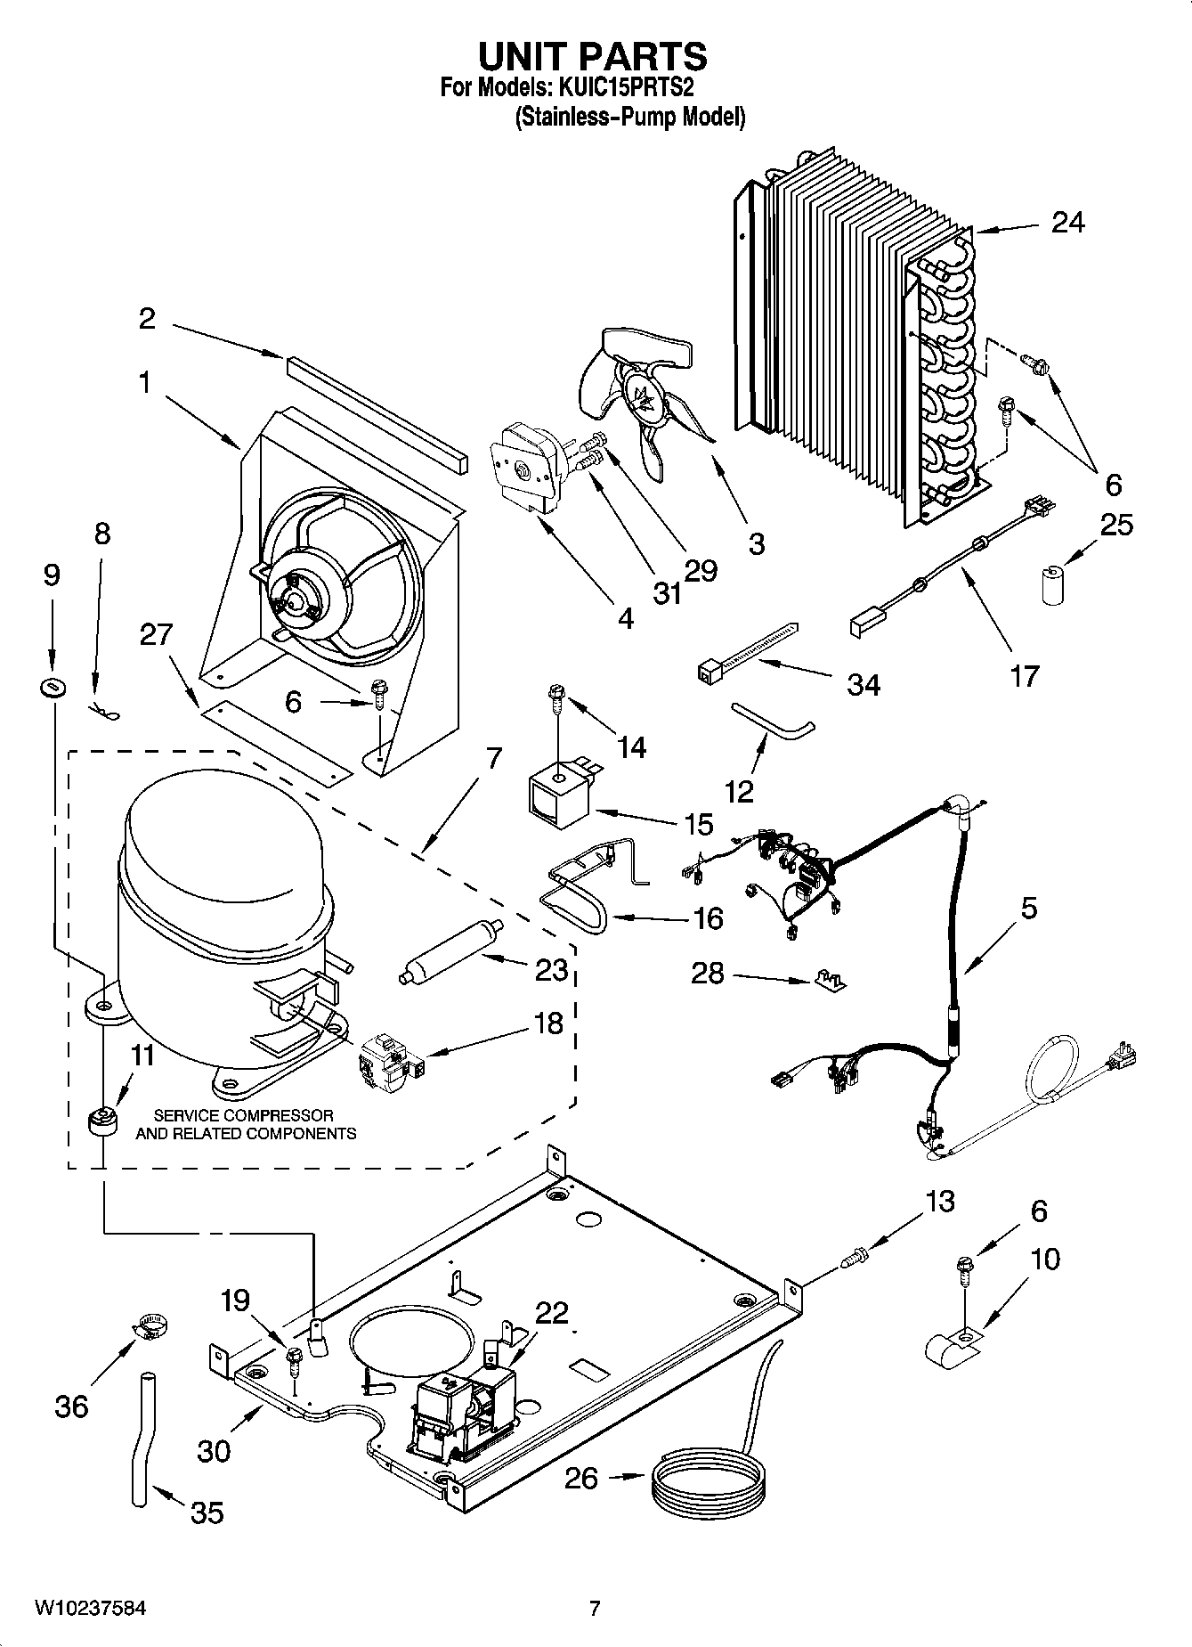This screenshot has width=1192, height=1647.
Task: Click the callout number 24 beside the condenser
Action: [x=1067, y=222]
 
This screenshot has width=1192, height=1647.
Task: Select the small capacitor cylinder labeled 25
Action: [x=1054, y=584]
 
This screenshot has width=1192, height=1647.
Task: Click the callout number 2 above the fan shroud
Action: [x=148, y=319]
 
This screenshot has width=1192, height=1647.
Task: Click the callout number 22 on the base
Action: [x=552, y=1313]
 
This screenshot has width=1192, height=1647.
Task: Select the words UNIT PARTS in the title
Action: [x=593, y=57]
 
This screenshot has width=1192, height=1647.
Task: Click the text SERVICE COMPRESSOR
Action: [x=244, y=1115]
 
